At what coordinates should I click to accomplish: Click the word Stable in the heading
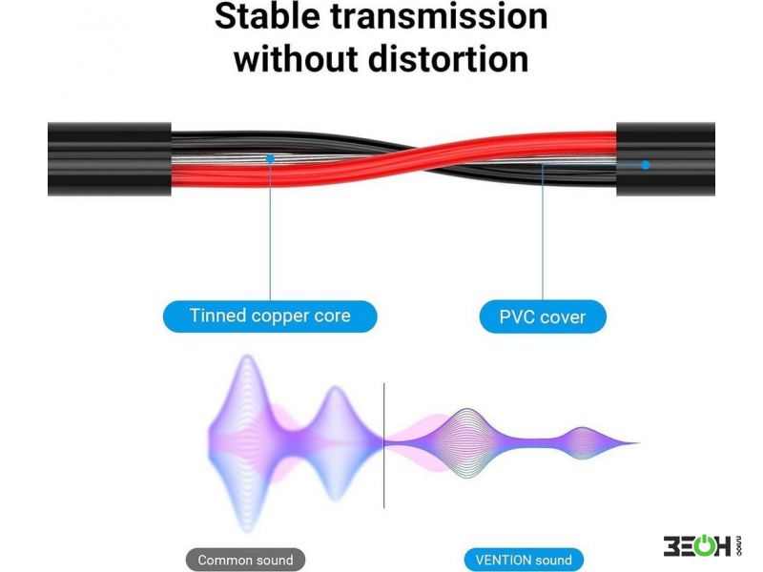(x=268, y=15)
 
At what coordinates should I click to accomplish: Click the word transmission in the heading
(x=440, y=15)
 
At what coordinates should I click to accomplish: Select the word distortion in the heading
(x=448, y=58)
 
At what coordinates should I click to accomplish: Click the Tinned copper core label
(x=270, y=317)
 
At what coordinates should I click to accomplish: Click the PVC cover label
(x=543, y=317)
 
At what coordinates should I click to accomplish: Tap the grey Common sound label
(x=246, y=560)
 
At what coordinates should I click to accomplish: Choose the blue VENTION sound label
(x=524, y=560)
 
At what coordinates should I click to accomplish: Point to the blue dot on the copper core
(x=270, y=158)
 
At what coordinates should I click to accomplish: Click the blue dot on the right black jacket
(x=646, y=165)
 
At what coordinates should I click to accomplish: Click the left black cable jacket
(x=110, y=159)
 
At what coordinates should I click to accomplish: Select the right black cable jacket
(x=666, y=159)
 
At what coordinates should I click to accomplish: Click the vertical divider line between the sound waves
(x=384, y=445)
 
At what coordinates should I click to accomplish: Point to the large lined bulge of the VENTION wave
(x=467, y=442)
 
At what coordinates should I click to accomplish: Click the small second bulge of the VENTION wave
(x=584, y=442)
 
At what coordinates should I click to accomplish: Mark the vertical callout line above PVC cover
(x=543, y=233)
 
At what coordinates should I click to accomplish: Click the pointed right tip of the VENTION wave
(x=638, y=443)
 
